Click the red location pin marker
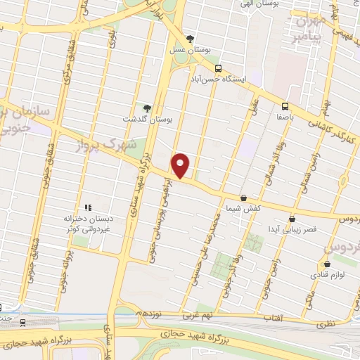pyautogui.click(x=181, y=165)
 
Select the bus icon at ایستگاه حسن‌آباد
pyautogui.click(x=218, y=69)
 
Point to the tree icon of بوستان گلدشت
pyautogui.click(x=146, y=108)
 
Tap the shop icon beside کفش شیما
pyautogui.click(x=243, y=198)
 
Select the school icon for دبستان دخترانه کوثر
pyautogui.click(x=88, y=207)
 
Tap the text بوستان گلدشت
pyautogui.click(x=139, y=119)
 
